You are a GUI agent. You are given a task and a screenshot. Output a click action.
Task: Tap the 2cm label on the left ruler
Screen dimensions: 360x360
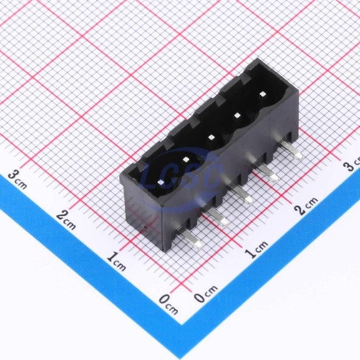pos(66,220)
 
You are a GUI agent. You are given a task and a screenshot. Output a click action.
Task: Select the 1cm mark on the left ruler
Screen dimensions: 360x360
pos(117,261)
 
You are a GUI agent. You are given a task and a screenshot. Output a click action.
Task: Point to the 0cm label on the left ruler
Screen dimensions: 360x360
pos(169,304)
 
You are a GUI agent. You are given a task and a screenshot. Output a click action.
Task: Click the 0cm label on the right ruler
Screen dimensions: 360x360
pos(206,294)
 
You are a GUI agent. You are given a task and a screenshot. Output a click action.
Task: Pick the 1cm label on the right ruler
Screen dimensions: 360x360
pos(256,249)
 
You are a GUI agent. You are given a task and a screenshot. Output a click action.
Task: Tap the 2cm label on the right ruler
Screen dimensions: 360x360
pos(306,205)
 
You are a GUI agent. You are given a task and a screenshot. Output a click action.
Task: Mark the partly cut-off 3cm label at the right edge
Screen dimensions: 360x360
pos(352,163)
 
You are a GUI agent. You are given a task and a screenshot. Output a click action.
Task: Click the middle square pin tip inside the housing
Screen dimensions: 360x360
pos(211,137)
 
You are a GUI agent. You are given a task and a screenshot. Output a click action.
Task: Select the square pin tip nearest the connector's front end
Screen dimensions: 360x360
pos(161,182)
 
